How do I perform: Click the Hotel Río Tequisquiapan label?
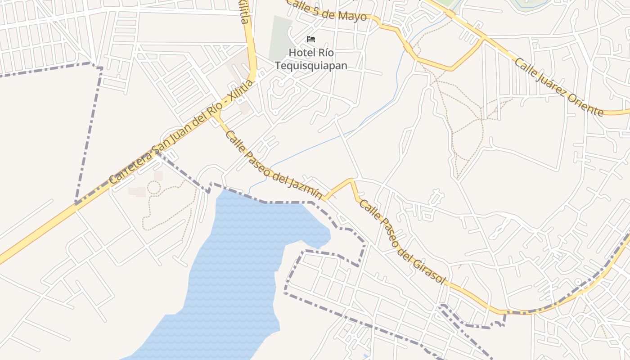pyautogui.click(x=311, y=59)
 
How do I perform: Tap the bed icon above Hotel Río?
pyautogui.click(x=311, y=39)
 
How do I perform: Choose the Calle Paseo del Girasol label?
pyautogui.click(x=402, y=242)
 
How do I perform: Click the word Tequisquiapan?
pyautogui.click(x=311, y=66)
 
